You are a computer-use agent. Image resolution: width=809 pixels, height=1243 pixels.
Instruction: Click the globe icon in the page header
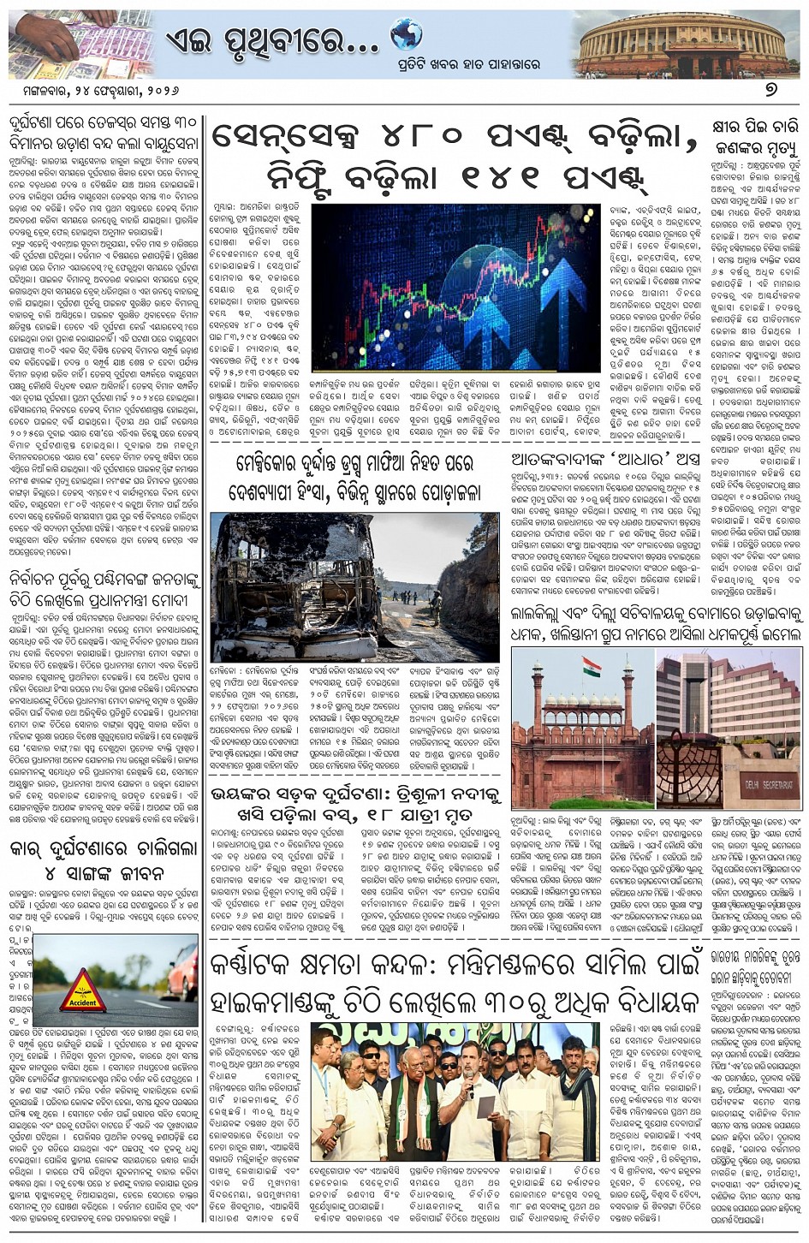(406, 35)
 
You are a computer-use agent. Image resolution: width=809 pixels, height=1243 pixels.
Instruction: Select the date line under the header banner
(86, 89)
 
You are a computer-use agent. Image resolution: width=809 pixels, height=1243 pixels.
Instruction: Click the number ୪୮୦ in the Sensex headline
(421, 135)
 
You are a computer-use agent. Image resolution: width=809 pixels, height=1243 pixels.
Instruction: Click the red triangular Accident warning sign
(83, 991)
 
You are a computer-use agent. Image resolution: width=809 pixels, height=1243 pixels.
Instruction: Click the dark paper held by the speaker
(485, 1106)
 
